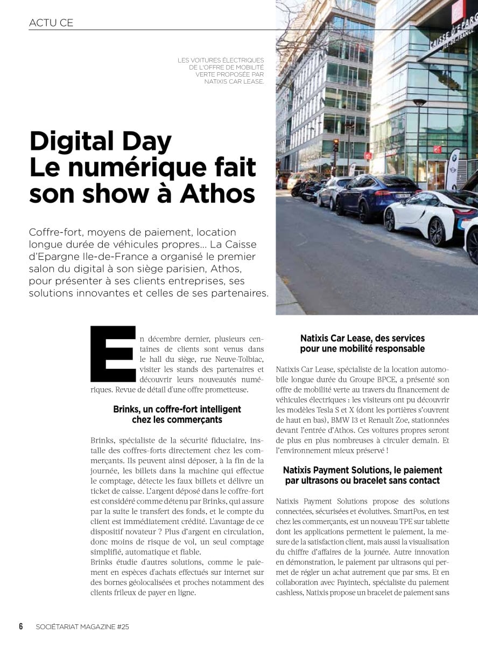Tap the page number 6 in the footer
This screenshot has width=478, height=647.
[x=21, y=626]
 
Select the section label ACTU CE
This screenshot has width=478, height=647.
[x=51, y=23]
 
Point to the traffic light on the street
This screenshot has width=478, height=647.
[x=336, y=145]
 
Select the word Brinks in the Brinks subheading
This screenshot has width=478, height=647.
[x=125, y=409]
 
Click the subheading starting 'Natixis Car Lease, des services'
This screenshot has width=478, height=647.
[x=362, y=343]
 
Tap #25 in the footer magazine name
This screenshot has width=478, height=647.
[x=122, y=627]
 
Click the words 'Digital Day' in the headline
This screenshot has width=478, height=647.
[x=100, y=141]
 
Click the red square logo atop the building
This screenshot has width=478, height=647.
[x=459, y=12]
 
